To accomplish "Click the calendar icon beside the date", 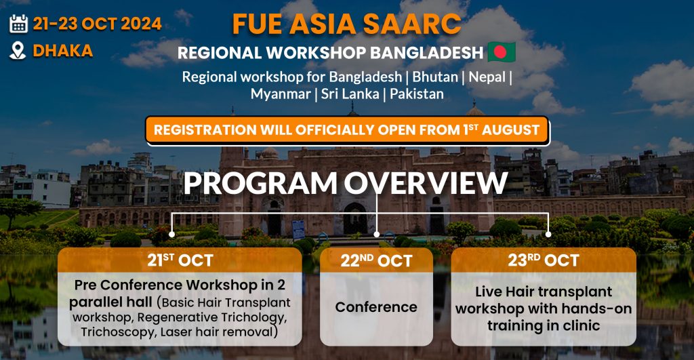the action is click(18, 24).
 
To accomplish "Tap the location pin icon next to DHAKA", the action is click(18, 50).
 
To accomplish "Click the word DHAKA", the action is click(63, 51).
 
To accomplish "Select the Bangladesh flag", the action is click(502, 52).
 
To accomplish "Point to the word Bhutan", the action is click(435, 77).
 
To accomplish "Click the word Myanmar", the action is click(281, 94).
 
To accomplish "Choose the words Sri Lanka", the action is click(350, 94).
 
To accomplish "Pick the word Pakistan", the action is click(417, 94).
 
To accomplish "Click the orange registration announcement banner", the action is click(347, 130).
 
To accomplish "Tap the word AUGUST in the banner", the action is click(510, 130).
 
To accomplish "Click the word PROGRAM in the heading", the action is click(260, 183).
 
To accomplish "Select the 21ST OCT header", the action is click(180, 260).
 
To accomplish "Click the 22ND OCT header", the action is click(376, 260).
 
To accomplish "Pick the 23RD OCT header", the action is click(544, 260).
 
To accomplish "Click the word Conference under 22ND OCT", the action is click(376, 307).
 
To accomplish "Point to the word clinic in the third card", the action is click(581, 326).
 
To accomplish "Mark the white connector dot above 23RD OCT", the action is click(548, 235).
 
